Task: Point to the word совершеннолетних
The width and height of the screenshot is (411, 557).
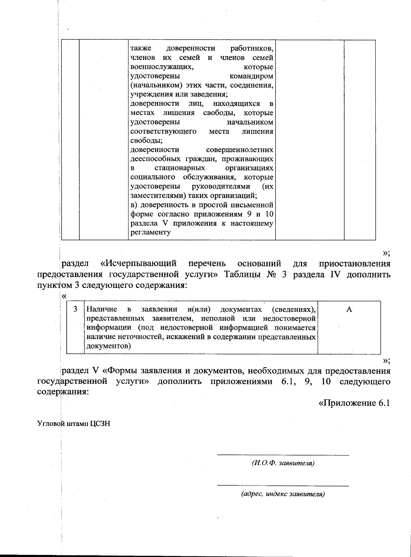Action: (x=240, y=150)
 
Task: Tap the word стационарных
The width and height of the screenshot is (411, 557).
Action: (x=179, y=168)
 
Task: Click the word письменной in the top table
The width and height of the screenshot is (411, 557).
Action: (x=255, y=205)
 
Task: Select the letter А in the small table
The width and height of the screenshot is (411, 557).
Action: (x=349, y=309)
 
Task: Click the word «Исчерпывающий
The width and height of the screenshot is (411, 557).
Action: (x=139, y=264)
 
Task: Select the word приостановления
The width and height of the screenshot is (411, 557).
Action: (x=354, y=264)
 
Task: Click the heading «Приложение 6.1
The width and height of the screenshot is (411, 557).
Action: (x=354, y=403)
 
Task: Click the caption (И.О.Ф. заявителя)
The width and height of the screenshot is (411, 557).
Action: (x=283, y=464)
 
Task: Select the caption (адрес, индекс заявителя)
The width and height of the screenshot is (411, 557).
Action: (x=283, y=494)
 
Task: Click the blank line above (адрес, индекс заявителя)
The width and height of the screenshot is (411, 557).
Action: (x=283, y=485)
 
